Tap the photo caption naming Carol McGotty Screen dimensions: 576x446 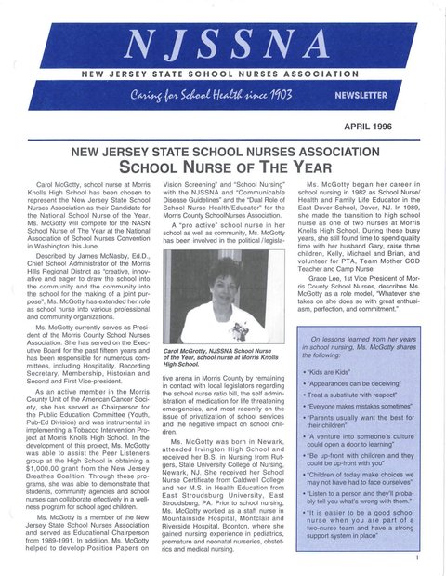click(x=223, y=356)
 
